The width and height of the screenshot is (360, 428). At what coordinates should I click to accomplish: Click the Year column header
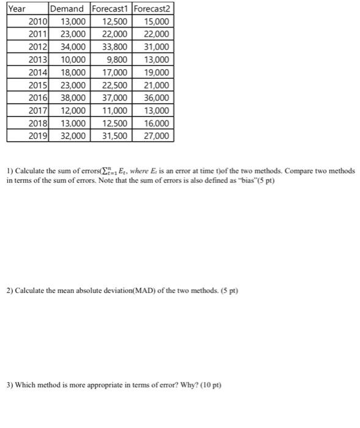tap(18, 9)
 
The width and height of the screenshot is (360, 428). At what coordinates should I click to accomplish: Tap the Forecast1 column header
tap(110, 9)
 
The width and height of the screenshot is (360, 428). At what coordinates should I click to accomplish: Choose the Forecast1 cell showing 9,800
tap(116, 60)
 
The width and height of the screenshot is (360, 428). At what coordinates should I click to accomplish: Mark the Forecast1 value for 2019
tap(113, 136)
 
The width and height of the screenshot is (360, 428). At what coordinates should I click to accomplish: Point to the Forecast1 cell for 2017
tap(113, 111)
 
